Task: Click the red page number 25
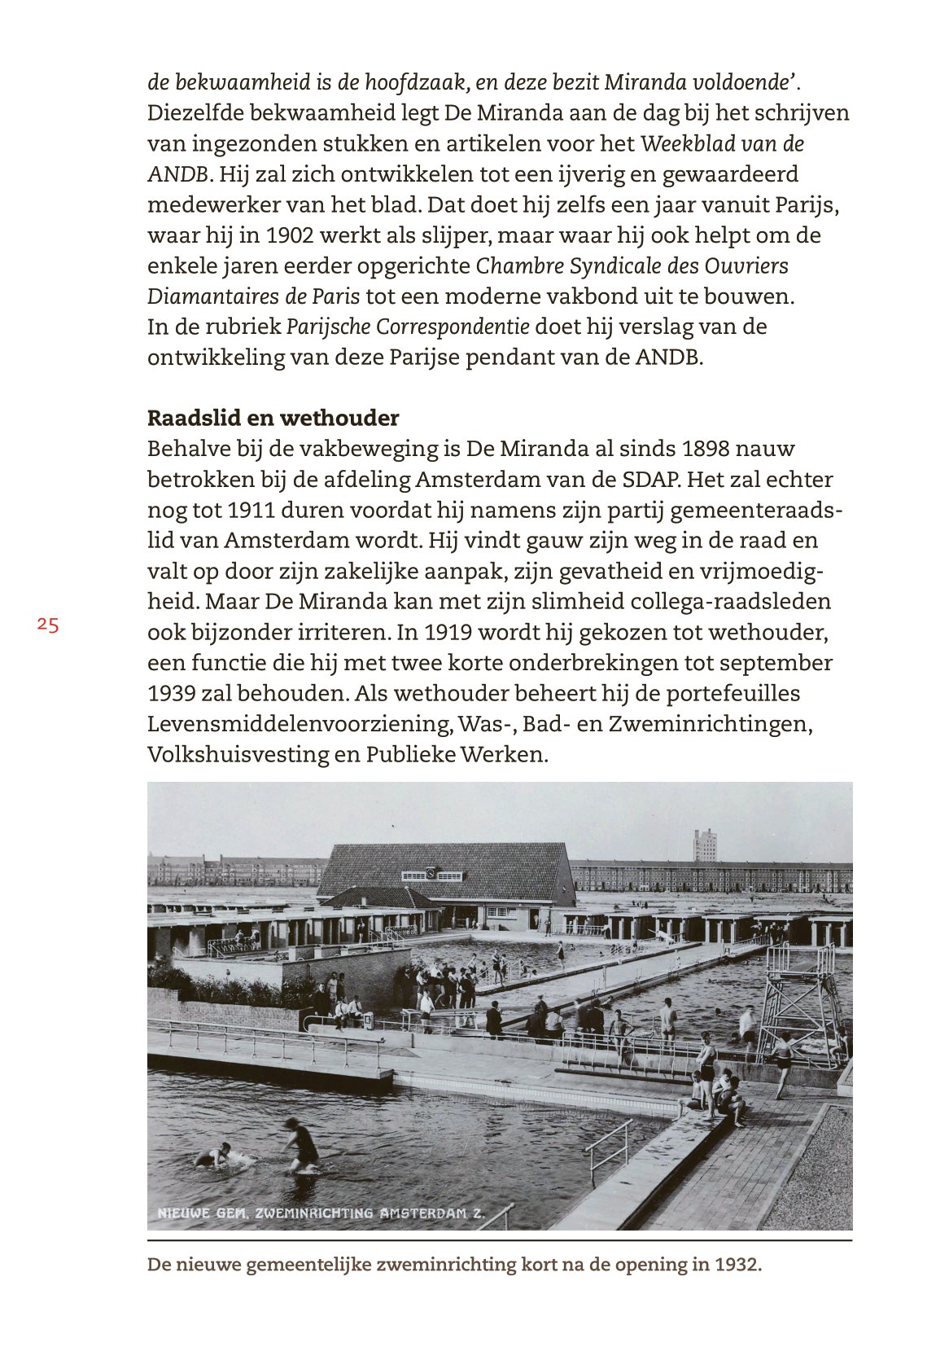[x=48, y=625]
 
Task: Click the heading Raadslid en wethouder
[x=273, y=418]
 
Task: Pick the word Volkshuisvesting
[x=238, y=754]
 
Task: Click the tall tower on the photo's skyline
[x=705, y=845]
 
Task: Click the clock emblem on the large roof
[x=431, y=875]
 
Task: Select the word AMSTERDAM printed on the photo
[x=423, y=1213]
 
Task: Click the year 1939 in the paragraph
[x=171, y=693]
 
